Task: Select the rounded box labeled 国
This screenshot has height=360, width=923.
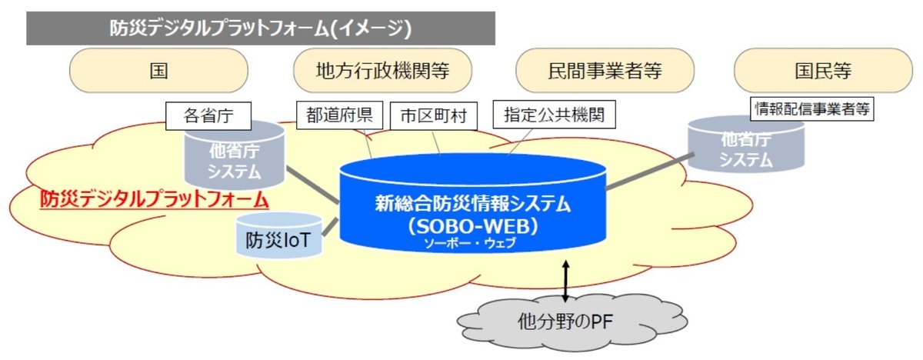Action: click(159, 72)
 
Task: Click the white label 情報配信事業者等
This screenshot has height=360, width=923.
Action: click(812, 110)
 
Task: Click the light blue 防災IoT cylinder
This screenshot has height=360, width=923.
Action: click(277, 238)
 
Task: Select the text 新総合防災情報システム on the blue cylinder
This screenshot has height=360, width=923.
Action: click(473, 204)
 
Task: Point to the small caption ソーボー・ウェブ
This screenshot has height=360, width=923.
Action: click(471, 244)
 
